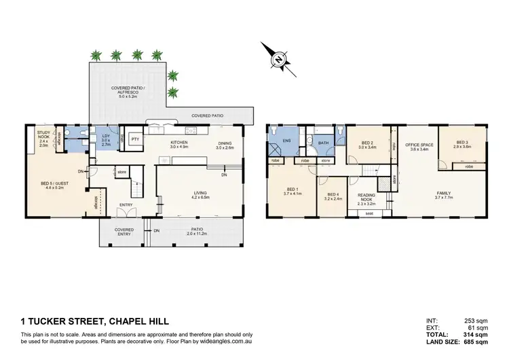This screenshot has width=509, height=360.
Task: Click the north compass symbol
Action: (278, 60)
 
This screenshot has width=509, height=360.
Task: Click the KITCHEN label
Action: (178, 143)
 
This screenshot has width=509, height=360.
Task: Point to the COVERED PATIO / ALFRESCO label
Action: (128, 89)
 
